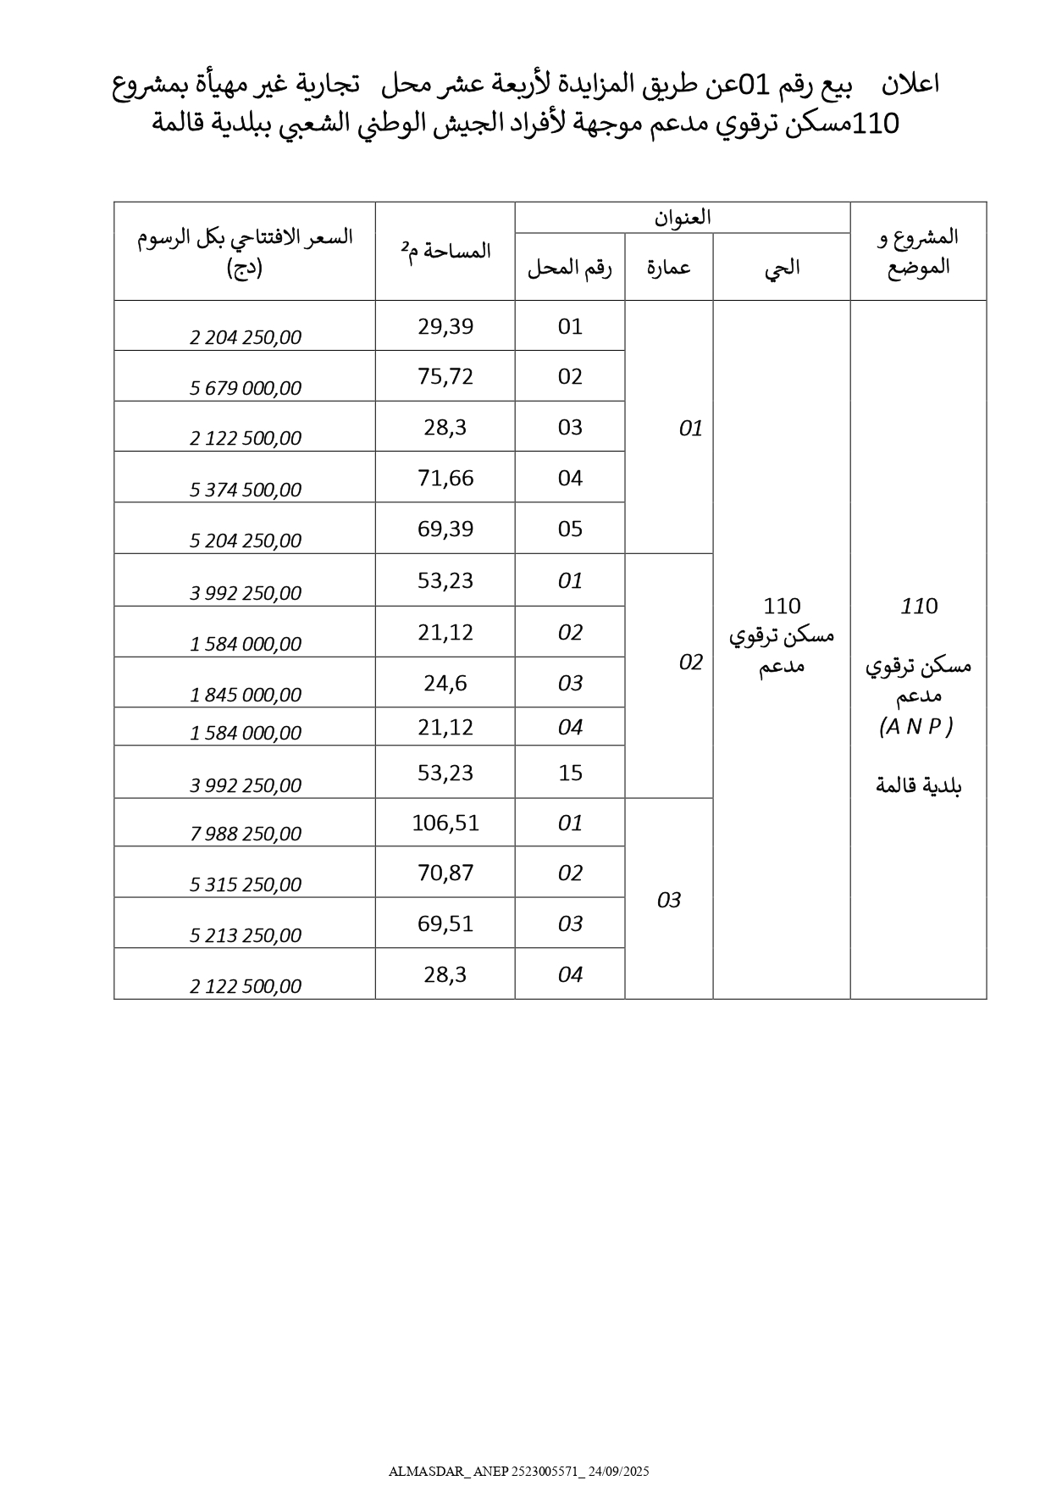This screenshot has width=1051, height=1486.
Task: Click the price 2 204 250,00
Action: pos(246,337)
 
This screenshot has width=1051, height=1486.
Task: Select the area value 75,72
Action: pos(445,376)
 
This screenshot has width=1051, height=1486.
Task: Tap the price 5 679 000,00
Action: pos(246,388)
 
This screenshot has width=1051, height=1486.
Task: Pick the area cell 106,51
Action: pos(445,823)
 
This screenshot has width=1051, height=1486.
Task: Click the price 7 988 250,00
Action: pos(246,834)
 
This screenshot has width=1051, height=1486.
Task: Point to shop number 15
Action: pos(570,773)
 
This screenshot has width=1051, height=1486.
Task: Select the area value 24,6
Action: pos(445,683)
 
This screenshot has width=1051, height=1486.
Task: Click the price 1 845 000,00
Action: pos(246,695)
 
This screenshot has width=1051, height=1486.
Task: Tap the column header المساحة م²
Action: pos(445,251)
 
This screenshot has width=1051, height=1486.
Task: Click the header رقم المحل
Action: pos(570,268)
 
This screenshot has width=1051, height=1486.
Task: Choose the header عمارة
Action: pos(669,268)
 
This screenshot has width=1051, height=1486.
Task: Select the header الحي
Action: pos(782,268)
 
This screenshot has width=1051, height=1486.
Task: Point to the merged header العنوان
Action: pos(683,218)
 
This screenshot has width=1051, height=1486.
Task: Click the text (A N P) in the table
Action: pos(917,726)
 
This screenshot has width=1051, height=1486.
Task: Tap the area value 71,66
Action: pos(445,478)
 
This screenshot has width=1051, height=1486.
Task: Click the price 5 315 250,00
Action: pos(246,884)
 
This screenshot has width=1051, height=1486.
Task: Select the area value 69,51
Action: pos(445,923)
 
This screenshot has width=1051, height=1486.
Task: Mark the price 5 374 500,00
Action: pos(246,490)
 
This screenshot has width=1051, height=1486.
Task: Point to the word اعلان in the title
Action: pos(910,85)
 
